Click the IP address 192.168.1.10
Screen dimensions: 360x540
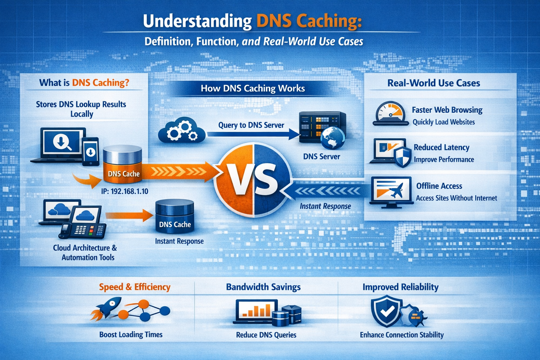tap(124, 191)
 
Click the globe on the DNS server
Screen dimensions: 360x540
tap(332, 138)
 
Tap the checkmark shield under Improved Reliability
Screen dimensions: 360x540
tap(386, 311)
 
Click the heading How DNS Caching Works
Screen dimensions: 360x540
tap(253, 88)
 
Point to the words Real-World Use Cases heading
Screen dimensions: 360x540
tap(433, 83)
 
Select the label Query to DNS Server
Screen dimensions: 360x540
tap(251, 125)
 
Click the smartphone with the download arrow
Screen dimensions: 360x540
tap(91, 152)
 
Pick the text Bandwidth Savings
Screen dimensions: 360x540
tap(263, 287)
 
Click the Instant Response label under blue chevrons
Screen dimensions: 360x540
tap(325, 206)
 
